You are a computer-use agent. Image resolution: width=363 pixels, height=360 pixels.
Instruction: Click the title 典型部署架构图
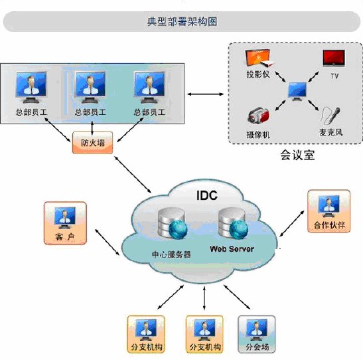click(182, 21)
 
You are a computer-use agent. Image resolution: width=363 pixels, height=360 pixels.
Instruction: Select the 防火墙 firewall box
click(93, 143)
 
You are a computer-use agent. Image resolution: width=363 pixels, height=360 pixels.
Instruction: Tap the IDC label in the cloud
click(207, 195)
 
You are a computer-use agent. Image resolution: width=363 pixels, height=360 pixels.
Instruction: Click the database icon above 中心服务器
click(173, 223)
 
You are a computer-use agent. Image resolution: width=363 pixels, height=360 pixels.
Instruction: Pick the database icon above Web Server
click(233, 223)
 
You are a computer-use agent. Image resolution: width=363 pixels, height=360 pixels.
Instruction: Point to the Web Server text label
click(232, 249)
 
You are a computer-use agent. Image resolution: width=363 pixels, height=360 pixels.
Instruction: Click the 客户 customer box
click(65, 223)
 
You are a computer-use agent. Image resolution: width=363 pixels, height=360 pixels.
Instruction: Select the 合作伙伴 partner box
click(329, 211)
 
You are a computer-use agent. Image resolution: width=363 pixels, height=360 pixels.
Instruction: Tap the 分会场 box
click(257, 334)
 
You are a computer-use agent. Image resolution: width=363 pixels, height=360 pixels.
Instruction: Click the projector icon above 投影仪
click(259, 58)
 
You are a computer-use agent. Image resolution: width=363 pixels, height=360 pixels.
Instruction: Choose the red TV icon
click(334, 58)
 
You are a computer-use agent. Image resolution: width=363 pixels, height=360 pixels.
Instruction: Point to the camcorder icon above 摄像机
click(258, 116)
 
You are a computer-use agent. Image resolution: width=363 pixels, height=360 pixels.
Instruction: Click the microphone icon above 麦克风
click(331, 116)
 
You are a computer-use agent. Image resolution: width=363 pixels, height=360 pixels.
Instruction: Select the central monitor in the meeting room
click(297, 91)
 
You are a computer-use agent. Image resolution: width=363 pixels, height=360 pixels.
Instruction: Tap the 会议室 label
click(297, 155)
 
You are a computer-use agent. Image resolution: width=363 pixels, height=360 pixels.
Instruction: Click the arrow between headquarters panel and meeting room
click(205, 94)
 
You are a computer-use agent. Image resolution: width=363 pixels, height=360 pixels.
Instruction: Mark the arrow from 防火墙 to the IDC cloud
click(133, 175)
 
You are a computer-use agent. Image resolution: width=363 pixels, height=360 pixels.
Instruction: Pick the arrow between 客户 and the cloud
click(108, 242)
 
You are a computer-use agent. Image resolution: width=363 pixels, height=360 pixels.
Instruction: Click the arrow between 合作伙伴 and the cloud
click(292, 224)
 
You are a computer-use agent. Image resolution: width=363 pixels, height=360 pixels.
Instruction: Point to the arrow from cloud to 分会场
click(237, 297)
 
